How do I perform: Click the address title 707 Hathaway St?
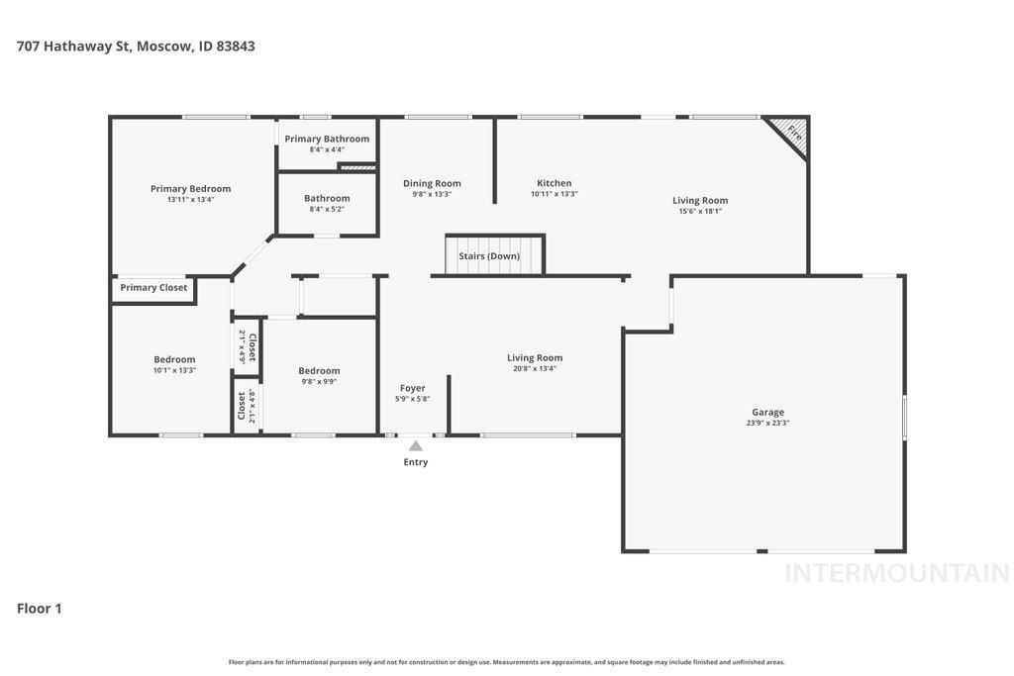point(136,46)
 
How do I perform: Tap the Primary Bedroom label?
point(190,188)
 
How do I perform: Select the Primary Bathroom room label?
point(327,139)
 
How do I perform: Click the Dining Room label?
point(432,183)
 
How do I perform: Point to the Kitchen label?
point(554,183)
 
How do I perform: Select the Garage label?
point(767,412)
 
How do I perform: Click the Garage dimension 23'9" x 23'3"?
point(767,423)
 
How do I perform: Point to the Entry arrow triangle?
point(416,446)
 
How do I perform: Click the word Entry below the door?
point(416,462)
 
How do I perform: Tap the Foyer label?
point(413,388)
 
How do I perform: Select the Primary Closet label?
point(153,288)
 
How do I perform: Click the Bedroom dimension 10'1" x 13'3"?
point(174,370)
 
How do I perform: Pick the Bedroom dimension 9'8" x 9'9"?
point(319,381)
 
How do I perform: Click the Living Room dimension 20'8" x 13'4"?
point(535,368)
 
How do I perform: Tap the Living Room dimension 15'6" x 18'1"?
point(700,211)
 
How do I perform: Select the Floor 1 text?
point(40,609)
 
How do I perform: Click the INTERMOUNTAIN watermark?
point(896,573)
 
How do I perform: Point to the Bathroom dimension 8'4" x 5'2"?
point(327,209)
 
